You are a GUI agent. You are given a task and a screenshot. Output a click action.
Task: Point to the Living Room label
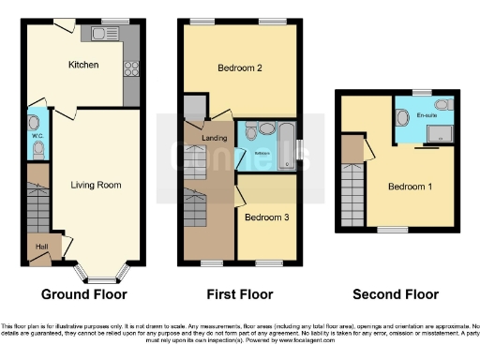[96, 185]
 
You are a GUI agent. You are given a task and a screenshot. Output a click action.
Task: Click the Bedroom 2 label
[239, 68]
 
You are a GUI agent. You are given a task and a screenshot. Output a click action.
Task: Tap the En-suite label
[427, 114]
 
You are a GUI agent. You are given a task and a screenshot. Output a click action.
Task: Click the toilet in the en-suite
[402, 117]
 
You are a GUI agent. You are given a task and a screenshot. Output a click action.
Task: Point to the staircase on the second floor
[352, 188]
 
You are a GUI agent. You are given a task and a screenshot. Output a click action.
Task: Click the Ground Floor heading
[83, 294]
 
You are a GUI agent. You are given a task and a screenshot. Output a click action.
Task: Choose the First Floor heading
[241, 294]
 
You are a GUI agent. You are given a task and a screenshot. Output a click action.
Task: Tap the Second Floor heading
[395, 294]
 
